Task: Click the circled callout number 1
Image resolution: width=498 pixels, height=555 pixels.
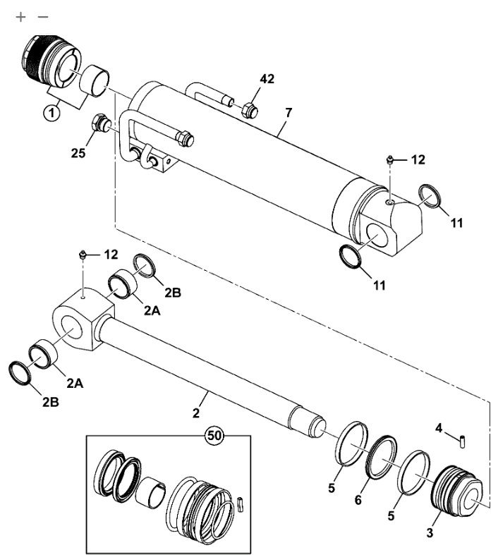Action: pyautogui.click(x=51, y=113)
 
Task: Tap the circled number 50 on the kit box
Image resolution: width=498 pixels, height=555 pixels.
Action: pyautogui.click(x=214, y=435)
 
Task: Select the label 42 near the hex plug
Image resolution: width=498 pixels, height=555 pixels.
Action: pyautogui.click(x=267, y=78)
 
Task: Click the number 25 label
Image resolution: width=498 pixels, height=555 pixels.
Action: pyautogui.click(x=78, y=153)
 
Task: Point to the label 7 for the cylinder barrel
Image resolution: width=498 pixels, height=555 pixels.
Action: pyautogui.click(x=289, y=113)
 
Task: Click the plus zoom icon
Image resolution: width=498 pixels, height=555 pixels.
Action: pyautogui.click(x=21, y=17)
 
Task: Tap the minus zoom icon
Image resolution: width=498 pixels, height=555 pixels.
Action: pyautogui.click(x=43, y=17)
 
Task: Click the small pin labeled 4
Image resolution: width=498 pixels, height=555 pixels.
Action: pyautogui.click(x=463, y=442)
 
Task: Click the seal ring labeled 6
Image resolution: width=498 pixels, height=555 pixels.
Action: pyautogui.click(x=382, y=457)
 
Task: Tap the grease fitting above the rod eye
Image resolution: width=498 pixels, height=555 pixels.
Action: pyautogui.click(x=83, y=254)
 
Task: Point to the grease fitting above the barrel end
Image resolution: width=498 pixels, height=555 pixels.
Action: pyautogui.click(x=389, y=159)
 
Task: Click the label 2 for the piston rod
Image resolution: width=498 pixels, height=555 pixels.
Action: pyautogui.click(x=196, y=413)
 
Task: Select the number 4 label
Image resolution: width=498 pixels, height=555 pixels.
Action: pyautogui.click(x=439, y=428)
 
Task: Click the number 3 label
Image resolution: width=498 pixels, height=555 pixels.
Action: pyautogui.click(x=430, y=532)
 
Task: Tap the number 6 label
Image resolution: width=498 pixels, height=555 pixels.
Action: pyautogui.click(x=358, y=500)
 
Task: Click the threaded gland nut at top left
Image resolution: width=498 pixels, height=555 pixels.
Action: pyautogui.click(x=52, y=62)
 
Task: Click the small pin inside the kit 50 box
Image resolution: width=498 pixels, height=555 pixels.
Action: pyautogui.click(x=241, y=504)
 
